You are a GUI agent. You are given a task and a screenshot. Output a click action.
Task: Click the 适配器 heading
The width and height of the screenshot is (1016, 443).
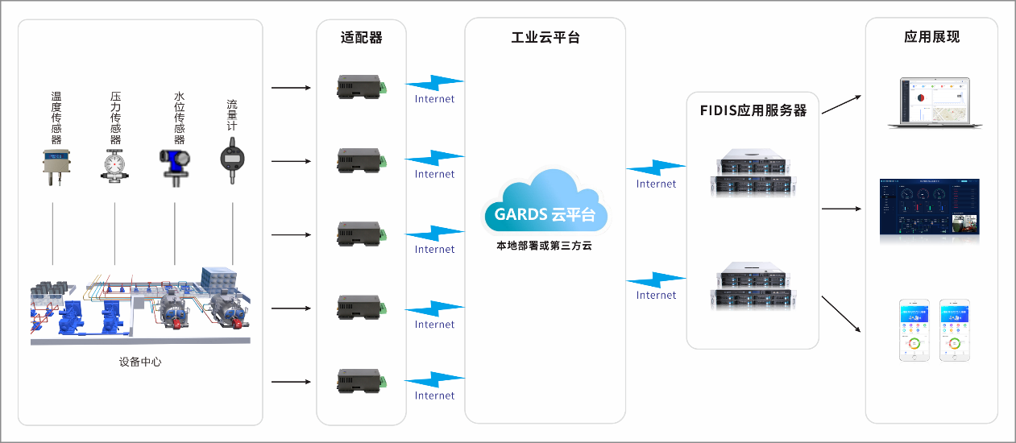tap(361, 37)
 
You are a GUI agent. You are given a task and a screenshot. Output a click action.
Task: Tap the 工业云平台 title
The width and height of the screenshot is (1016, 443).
tap(545, 37)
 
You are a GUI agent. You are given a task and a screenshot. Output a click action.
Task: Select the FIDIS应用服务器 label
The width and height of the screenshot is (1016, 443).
tap(753, 110)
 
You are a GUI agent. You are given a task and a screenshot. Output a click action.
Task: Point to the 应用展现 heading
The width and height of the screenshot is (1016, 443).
tap(931, 37)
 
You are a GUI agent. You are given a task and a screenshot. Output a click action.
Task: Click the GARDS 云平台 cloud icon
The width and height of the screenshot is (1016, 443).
tap(545, 204)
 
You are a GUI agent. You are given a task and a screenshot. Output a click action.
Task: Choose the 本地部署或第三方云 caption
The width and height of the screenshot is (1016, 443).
tap(544, 245)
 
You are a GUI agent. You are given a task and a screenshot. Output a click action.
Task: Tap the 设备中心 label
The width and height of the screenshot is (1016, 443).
tap(140, 362)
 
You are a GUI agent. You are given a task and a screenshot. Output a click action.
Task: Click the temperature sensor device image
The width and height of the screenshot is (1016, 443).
tap(54, 167)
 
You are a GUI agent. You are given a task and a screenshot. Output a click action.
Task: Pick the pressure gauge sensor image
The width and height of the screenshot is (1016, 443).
tap(114, 166)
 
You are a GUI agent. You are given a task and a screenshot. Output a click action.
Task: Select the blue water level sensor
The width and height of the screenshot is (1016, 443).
tap(173, 165)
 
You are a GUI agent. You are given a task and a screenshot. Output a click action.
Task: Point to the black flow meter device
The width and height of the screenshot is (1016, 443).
tap(232, 162)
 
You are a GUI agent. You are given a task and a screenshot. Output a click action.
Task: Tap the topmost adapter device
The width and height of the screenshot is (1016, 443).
tap(359, 86)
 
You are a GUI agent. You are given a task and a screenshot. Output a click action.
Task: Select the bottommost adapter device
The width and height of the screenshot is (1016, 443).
tap(359, 380)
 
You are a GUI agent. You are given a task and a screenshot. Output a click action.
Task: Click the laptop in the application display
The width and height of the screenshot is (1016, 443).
tap(931, 102)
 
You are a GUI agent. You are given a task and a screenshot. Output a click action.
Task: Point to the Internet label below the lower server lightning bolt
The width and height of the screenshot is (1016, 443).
tap(656, 296)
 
